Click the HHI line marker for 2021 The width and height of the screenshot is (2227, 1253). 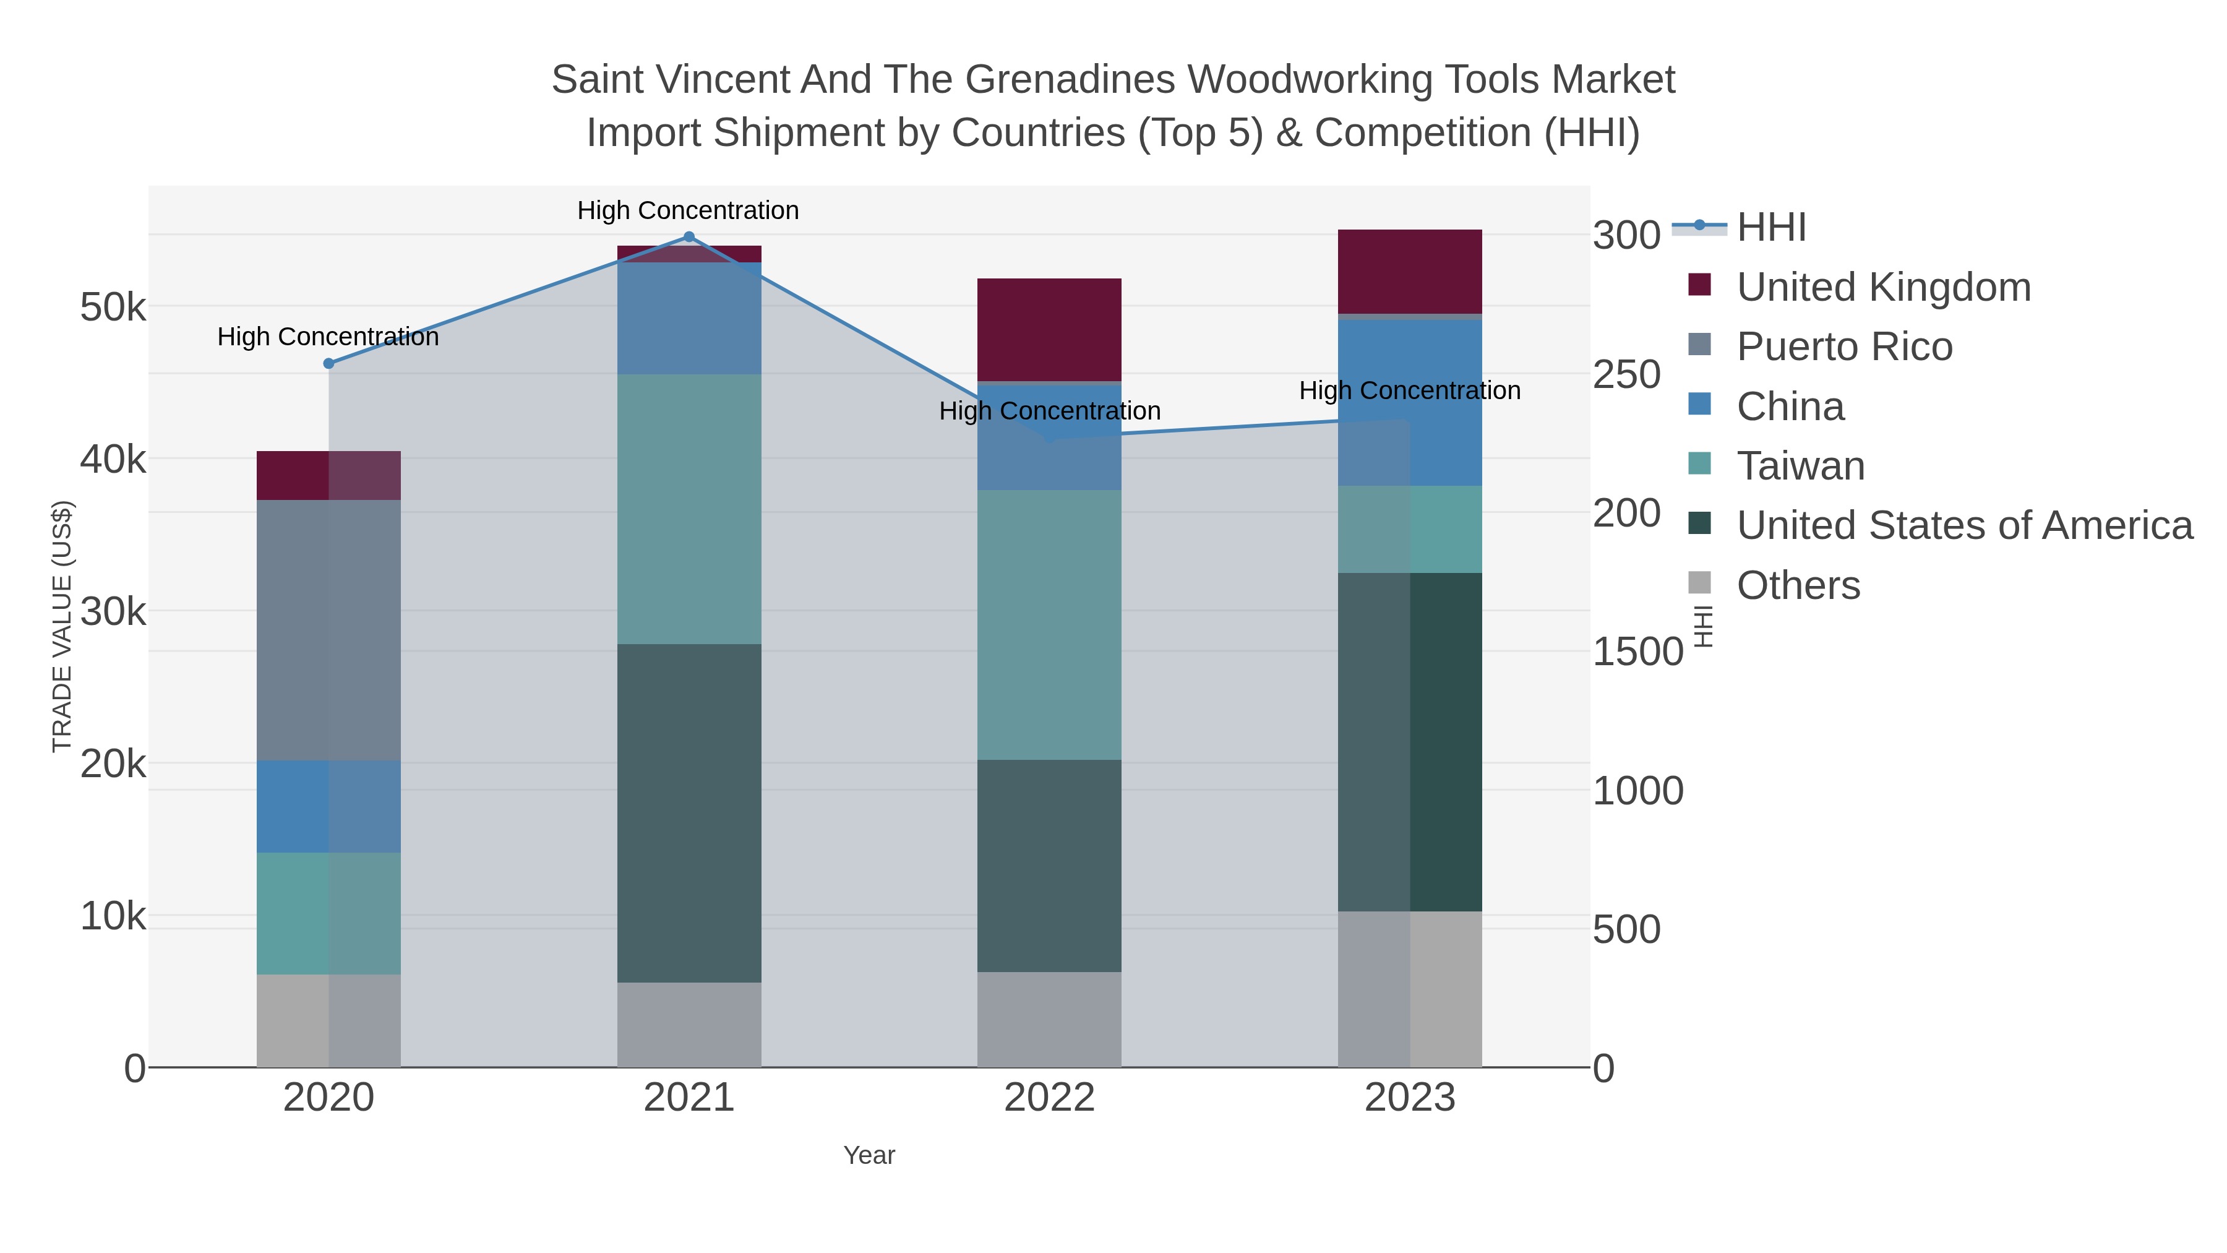click(x=689, y=237)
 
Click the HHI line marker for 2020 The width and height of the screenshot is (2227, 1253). click(x=328, y=364)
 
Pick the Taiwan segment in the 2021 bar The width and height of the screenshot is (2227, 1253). click(x=689, y=509)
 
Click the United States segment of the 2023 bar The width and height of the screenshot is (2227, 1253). click(x=1409, y=741)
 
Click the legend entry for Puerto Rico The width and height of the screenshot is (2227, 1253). click(x=1844, y=347)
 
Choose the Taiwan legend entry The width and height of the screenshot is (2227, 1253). click(x=1800, y=466)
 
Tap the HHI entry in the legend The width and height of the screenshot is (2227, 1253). click(x=1770, y=228)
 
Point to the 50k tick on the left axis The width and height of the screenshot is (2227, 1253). click(x=113, y=307)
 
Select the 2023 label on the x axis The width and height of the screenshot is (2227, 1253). click(x=1409, y=1098)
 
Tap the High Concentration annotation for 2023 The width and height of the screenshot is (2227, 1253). click(x=1409, y=391)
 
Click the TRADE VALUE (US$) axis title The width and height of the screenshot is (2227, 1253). click(x=62, y=626)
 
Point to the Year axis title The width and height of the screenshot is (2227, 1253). click(x=869, y=1155)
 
